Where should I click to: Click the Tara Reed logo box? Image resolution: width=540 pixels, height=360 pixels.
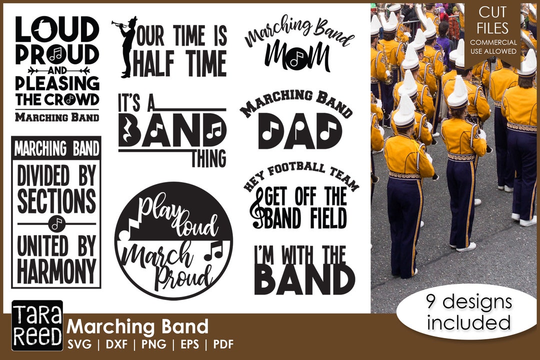(x=37, y=325)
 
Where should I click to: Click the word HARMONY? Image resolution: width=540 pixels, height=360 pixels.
(x=56, y=270)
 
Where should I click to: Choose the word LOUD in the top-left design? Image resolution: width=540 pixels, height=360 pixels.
(x=56, y=29)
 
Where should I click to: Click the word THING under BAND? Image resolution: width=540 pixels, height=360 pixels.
(x=208, y=158)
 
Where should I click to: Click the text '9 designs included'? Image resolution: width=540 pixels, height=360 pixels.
(x=469, y=312)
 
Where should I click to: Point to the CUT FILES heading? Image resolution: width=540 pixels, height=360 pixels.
(x=493, y=20)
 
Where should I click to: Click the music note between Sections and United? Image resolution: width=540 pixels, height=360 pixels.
(x=56, y=223)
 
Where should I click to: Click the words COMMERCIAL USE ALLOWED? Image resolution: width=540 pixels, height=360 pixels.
(x=493, y=46)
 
